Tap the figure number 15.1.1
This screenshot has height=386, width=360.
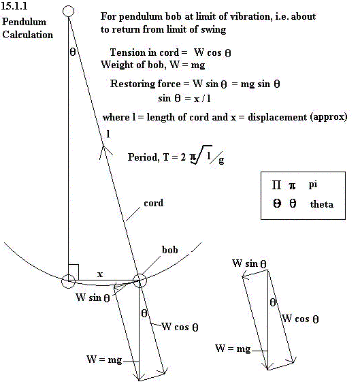(14, 6)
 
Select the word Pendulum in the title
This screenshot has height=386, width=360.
(24, 22)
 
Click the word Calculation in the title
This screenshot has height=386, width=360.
(27, 35)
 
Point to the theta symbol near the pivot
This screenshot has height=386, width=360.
(73, 52)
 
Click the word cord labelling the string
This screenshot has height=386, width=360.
(154, 203)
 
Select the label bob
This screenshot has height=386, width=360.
(169, 250)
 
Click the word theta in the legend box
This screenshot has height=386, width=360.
(322, 204)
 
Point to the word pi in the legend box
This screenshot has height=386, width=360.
(313, 185)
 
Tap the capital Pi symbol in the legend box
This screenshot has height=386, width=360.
(276, 184)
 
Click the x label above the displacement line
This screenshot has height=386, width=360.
(99, 274)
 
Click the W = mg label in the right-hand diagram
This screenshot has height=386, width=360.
(233, 349)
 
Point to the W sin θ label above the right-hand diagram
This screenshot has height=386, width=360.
(249, 263)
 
